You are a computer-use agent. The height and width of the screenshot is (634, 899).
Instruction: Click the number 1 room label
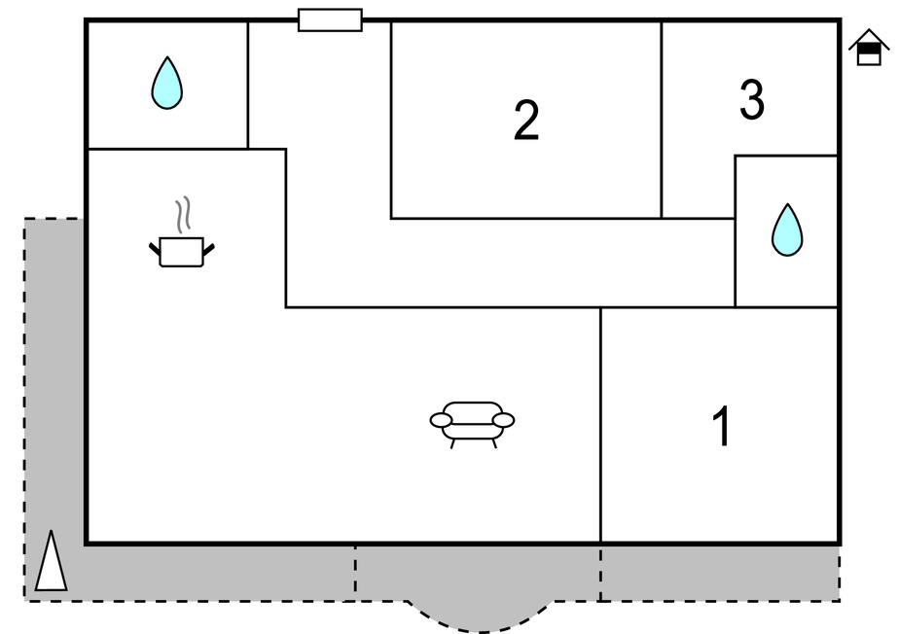[x=722, y=427]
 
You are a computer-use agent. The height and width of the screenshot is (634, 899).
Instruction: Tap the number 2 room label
[x=526, y=121]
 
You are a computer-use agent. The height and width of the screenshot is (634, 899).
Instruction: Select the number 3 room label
[x=751, y=100]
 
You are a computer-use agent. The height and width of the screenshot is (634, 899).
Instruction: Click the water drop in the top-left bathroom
[x=167, y=84]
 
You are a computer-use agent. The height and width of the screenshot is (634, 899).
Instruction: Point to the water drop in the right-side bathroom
[x=787, y=231]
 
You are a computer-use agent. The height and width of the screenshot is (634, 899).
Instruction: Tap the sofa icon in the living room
[x=472, y=423]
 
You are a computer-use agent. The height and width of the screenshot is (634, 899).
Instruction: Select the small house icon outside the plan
[x=868, y=49]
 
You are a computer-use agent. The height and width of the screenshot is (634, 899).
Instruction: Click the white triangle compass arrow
[x=52, y=563]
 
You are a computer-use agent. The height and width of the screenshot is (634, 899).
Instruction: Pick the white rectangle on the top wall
[x=330, y=20]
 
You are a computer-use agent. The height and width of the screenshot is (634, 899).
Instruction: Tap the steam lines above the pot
[x=182, y=213]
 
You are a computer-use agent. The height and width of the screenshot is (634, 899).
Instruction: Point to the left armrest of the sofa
[x=442, y=420]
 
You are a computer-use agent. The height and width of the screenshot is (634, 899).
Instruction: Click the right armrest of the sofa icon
[x=504, y=420]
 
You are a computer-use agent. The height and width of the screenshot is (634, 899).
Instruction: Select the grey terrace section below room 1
[x=720, y=573]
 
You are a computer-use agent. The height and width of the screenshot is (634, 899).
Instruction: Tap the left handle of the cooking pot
[x=156, y=252]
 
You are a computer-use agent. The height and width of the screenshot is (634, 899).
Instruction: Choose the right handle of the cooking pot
[x=207, y=251]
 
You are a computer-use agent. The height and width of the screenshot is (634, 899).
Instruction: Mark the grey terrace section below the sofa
[x=477, y=573]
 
